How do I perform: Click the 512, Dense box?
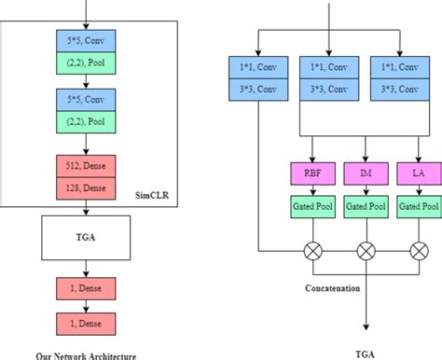click(x=86, y=168)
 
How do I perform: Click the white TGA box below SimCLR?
click(x=86, y=237)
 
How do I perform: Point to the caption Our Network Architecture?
click(x=87, y=354)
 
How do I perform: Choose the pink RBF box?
click(x=313, y=173)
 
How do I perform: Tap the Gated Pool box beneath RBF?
click(x=313, y=205)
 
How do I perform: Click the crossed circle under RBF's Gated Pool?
click(x=313, y=251)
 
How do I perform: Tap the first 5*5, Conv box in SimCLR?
click(x=86, y=41)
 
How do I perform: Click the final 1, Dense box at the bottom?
click(x=86, y=323)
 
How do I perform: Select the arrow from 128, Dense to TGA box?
click(x=86, y=209)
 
